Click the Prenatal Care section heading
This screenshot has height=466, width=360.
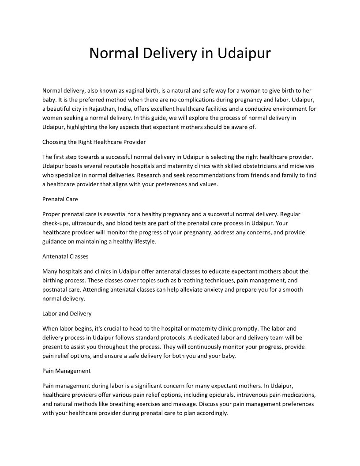click(x=60, y=199)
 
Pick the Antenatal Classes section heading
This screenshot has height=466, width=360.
click(x=65, y=256)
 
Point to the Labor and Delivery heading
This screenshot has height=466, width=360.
click(x=67, y=313)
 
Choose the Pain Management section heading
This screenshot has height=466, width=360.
click(x=67, y=371)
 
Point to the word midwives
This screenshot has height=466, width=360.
click(x=305, y=165)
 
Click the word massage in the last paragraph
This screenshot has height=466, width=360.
click(x=186, y=404)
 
